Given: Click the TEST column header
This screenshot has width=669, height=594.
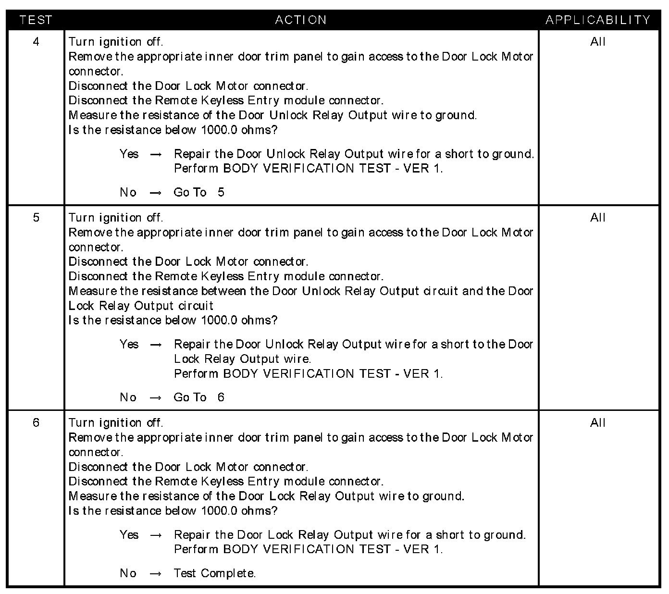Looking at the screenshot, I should [36, 20].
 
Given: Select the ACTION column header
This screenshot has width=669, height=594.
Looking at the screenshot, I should [301, 20].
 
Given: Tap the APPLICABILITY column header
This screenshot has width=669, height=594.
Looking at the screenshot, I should [598, 20].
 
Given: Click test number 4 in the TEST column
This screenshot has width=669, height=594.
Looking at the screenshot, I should [36, 42].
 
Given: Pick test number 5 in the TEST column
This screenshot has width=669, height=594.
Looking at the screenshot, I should [36, 218].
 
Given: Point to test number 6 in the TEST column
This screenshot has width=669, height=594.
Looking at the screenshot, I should [36, 423].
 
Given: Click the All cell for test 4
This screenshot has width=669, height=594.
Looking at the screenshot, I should [598, 42].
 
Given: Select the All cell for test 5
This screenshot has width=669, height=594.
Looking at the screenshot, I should [598, 218].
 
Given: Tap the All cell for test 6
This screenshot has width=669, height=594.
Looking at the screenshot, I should [598, 423].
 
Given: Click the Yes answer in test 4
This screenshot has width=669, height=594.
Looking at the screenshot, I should [129, 154].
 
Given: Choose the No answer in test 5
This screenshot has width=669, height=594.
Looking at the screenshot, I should [128, 397].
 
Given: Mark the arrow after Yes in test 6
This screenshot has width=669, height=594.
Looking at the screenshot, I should [156, 535].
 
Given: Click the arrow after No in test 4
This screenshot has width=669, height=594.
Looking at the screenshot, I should [156, 193].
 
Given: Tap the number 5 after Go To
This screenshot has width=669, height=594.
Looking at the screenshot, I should [221, 193].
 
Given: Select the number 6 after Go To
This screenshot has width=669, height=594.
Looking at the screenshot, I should [221, 397].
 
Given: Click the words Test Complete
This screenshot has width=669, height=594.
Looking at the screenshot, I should [214, 573].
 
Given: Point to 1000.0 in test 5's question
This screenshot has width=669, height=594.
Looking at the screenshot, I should [219, 320].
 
